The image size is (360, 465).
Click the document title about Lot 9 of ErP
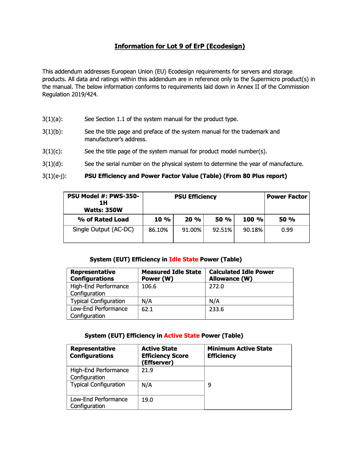pyautogui.click(x=180, y=46)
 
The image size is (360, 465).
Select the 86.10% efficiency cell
pyautogui.click(x=158, y=230)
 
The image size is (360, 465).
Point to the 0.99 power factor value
pyautogui.click(x=287, y=230)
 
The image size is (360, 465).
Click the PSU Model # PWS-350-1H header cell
pyautogui.click(x=103, y=203)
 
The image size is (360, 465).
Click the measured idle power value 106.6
pyautogui.click(x=149, y=286)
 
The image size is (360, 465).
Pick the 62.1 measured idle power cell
pyautogui.click(x=148, y=309)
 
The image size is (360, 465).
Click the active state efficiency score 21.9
pyautogui.click(x=148, y=370)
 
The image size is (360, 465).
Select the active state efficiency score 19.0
pyautogui.click(x=148, y=400)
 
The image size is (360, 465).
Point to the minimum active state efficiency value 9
pyautogui.click(x=210, y=385)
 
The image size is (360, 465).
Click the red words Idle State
pyautogui.click(x=183, y=259)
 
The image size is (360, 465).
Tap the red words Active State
pyautogui.click(x=181, y=335)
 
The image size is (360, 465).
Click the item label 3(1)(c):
pyautogui.click(x=52, y=151)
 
